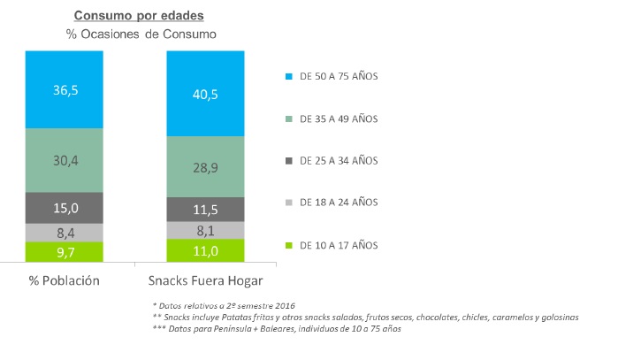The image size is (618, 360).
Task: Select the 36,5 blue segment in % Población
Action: point(65,89)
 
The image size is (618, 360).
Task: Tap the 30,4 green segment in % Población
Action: point(65,160)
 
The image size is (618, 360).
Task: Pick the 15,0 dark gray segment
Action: point(65,208)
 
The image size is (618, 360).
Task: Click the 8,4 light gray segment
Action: point(65,233)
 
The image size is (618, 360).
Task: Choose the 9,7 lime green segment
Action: point(65,252)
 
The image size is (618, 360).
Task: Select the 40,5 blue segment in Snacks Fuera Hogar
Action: point(205,94)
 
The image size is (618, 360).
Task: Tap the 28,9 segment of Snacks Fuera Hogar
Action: point(205,166)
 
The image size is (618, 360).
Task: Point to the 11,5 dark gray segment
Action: point(205,209)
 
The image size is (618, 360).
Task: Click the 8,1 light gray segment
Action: point(205,230)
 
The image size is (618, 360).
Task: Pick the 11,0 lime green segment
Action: point(205,250)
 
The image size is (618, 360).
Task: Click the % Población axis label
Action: point(65,280)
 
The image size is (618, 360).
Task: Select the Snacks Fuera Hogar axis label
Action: point(205,280)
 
